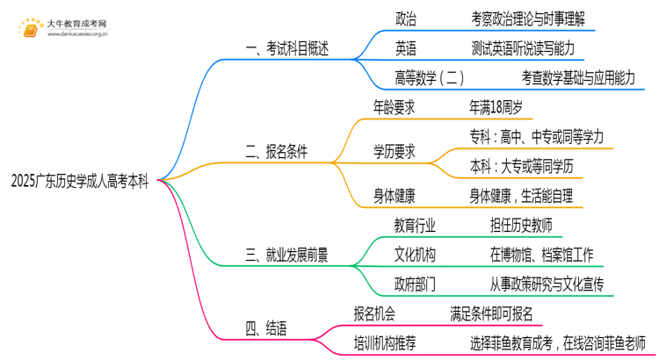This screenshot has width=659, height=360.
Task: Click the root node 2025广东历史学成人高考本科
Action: [80, 182]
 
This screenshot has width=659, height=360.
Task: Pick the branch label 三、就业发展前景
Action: [286, 256]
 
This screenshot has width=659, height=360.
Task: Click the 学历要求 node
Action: [395, 151]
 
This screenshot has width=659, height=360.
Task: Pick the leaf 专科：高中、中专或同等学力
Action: [537, 136]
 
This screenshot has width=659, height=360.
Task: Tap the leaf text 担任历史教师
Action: [521, 226]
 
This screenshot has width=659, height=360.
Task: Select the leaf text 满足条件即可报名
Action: [490, 313]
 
